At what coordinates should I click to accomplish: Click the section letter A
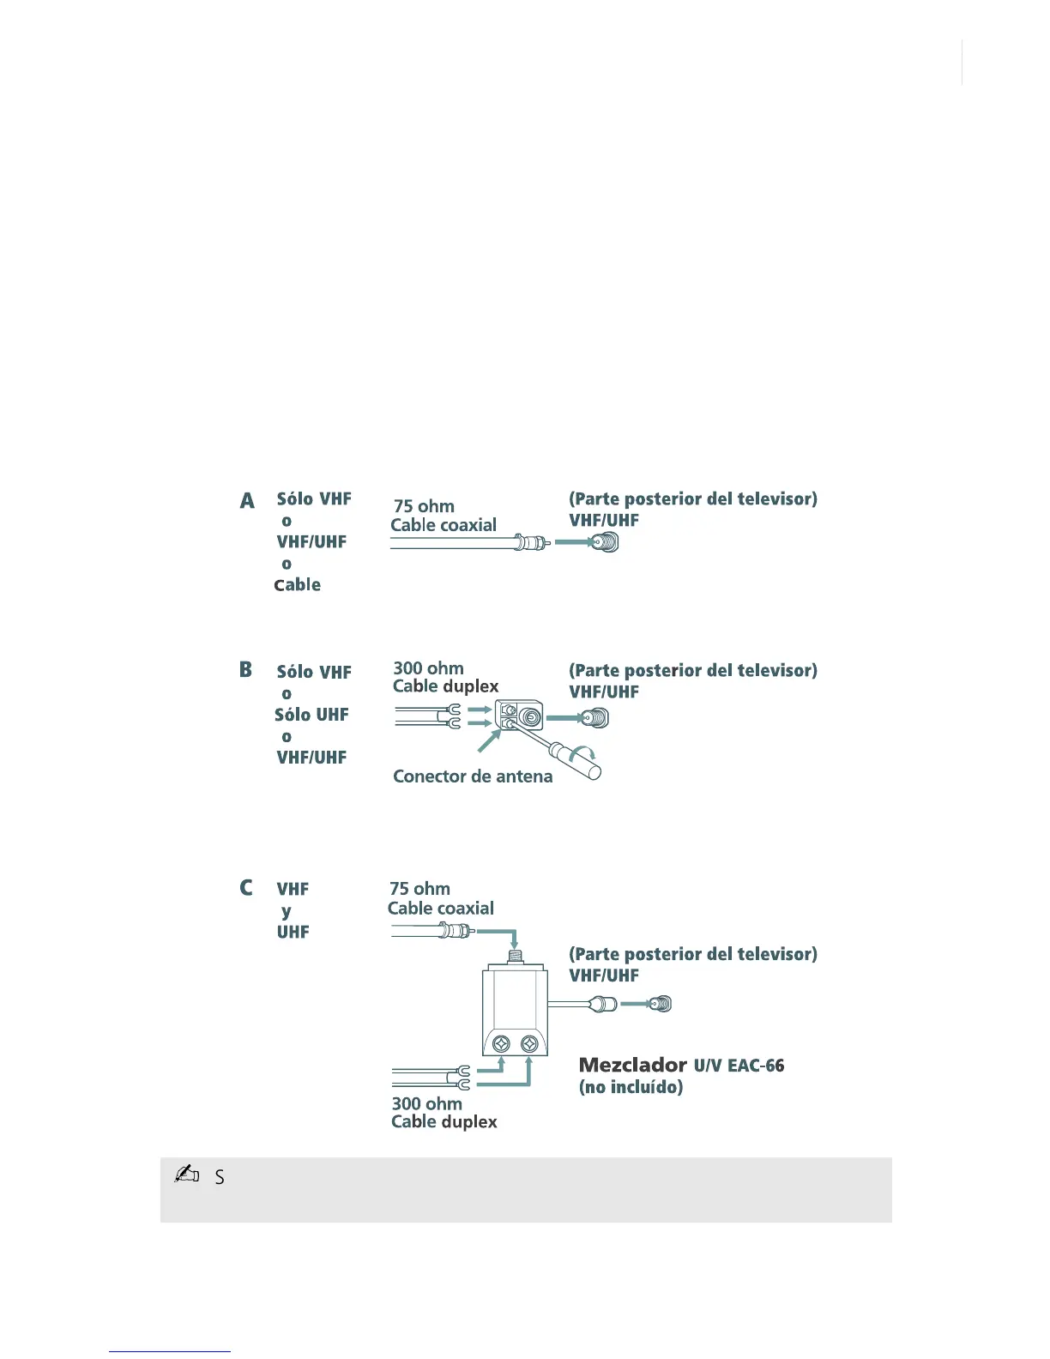click(x=247, y=500)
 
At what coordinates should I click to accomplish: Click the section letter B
click(x=246, y=670)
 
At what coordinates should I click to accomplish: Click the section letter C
click(x=246, y=887)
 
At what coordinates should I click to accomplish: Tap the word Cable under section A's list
click(x=298, y=585)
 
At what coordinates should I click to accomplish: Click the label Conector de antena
click(x=473, y=776)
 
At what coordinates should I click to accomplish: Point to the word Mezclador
click(x=632, y=1066)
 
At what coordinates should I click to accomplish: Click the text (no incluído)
click(x=631, y=1087)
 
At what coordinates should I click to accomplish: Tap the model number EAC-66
click(x=756, y=1066)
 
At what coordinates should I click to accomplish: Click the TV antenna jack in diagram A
click(x=606, y=542)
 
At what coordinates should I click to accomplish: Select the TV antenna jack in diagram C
click(x=660, y=1004)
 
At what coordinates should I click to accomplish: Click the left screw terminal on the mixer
click(x=503, y=1043)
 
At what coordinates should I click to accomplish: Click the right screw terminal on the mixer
click(x=529, y=1043)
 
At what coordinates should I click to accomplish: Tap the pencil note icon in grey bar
click(x=186, y=1175)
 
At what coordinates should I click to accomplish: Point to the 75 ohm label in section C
click(x=419, y=889)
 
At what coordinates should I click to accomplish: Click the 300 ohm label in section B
click(x=428, y=668)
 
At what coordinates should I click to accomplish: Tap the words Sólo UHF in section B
click(x=311, y=715)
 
